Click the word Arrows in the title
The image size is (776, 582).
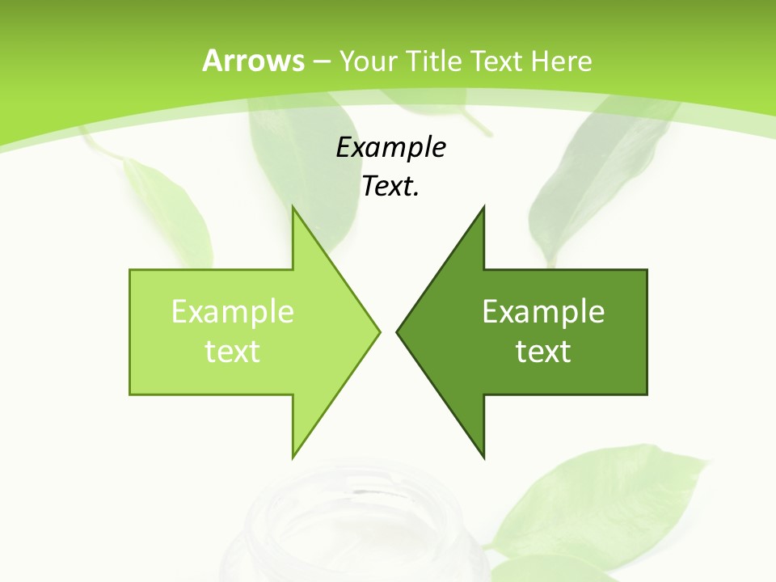pos(252,61)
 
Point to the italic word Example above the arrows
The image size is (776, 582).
pos(390,148)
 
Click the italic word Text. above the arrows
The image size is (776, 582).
pos(390,187)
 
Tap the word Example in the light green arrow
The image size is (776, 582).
pos(233,312)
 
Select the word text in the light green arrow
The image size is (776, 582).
pos(233,352)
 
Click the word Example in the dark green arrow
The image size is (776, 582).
pos(543,312)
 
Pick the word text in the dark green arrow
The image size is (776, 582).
pos(543,352)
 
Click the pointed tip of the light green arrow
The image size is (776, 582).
pos(378,331)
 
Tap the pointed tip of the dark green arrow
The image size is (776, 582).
pos(398,331)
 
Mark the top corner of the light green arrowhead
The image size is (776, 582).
pos(293,209)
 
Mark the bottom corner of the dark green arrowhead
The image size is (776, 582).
pos(483,456)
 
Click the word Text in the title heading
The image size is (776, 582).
pos(496,61)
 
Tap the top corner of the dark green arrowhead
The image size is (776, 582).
pos(483,209)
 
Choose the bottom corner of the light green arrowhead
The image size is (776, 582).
pos(293,456)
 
